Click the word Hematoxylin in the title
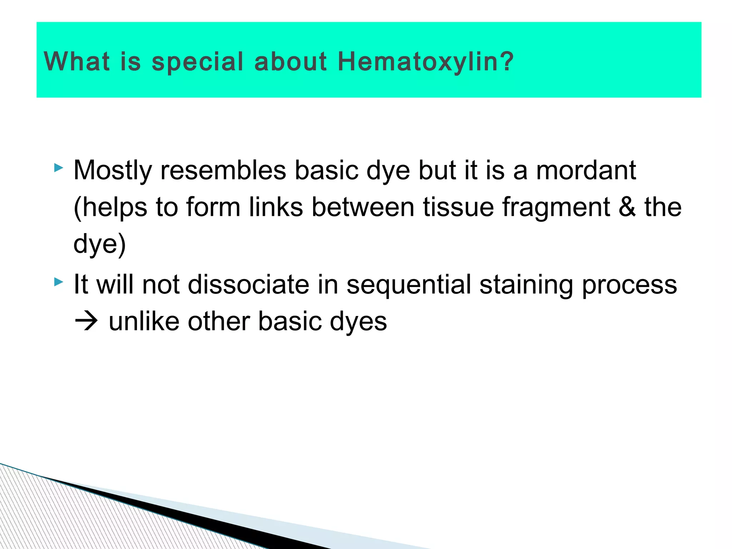425,61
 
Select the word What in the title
76,61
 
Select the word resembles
223,170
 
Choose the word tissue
458,207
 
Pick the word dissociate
248,285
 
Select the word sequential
409,285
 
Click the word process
629,285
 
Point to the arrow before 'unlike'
86,322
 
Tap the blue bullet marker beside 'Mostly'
59,168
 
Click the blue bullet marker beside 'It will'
59,282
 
